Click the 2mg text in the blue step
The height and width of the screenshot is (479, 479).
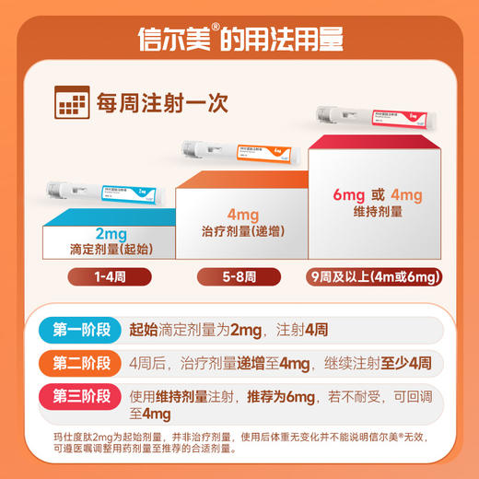tap(110, 233)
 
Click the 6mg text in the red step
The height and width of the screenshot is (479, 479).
tap(352, 194)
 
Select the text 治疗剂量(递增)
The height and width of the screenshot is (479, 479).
tap(240, 232)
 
